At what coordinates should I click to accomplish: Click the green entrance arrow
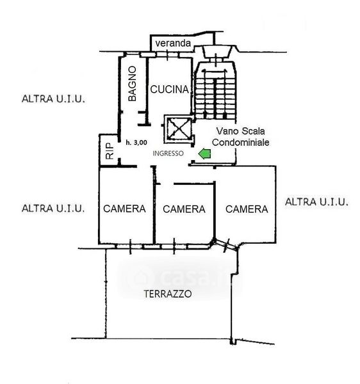[204, 154]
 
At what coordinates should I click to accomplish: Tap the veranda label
[173, 44]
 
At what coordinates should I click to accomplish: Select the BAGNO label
[132, 83]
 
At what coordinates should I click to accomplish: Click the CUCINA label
[170, 90]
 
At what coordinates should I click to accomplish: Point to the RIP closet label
[110, 151]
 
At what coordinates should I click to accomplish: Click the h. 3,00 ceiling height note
[136, 143]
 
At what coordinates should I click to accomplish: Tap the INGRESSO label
[168, 154]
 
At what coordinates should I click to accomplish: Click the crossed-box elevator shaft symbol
[178, 129]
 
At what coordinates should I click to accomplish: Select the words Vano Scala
[240, 131]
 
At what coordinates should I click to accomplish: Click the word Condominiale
[241, 142]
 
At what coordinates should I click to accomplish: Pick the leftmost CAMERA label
[124, 209]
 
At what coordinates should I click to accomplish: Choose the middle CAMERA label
[184, 209]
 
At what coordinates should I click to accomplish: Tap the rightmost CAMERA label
[247, 209]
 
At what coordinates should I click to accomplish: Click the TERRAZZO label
[168, 294]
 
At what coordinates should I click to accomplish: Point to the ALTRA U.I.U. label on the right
[316, 202]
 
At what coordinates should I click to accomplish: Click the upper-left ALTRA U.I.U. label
[53, 99]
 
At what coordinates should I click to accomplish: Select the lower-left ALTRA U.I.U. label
[53, 209]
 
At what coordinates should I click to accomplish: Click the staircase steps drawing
[216, 91]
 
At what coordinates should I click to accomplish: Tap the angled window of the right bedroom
[225, 245]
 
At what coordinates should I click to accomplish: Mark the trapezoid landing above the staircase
[217, 51]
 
